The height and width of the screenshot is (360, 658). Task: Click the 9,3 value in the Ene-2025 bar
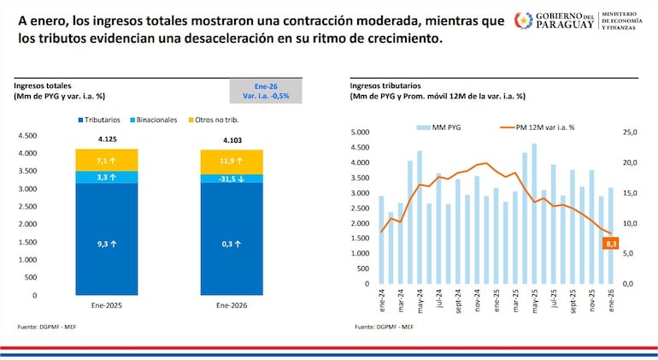point(106,244)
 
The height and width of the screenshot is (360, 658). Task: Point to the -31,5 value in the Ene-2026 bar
point(232,178)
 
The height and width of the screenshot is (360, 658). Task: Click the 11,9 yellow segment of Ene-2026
point(232,160)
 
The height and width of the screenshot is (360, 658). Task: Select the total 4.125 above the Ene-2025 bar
point(106,139)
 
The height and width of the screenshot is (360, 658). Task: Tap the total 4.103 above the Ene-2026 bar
point(232,140)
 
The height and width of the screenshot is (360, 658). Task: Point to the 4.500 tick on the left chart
point(27,136)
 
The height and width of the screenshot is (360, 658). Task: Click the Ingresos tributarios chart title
point(385,86)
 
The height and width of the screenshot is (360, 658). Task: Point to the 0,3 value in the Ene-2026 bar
point(232,244)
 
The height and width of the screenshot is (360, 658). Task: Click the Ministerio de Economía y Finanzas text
point(628,21)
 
